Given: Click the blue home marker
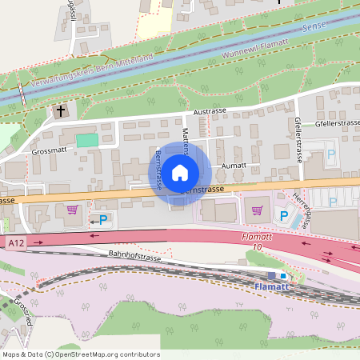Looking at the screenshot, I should (x=180, y=172).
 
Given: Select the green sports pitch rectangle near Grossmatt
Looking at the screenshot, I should (x=87, y=140).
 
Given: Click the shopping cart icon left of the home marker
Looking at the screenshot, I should (x=73, y=210).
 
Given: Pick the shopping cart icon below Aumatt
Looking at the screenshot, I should (x=257, y=210).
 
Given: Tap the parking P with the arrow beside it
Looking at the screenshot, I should (x=103, y=218).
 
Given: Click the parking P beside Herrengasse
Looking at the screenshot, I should (x=282, y=215).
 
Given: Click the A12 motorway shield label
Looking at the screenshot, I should (x=15, y=242).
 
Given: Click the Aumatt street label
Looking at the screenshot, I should (x=233, y=166).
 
